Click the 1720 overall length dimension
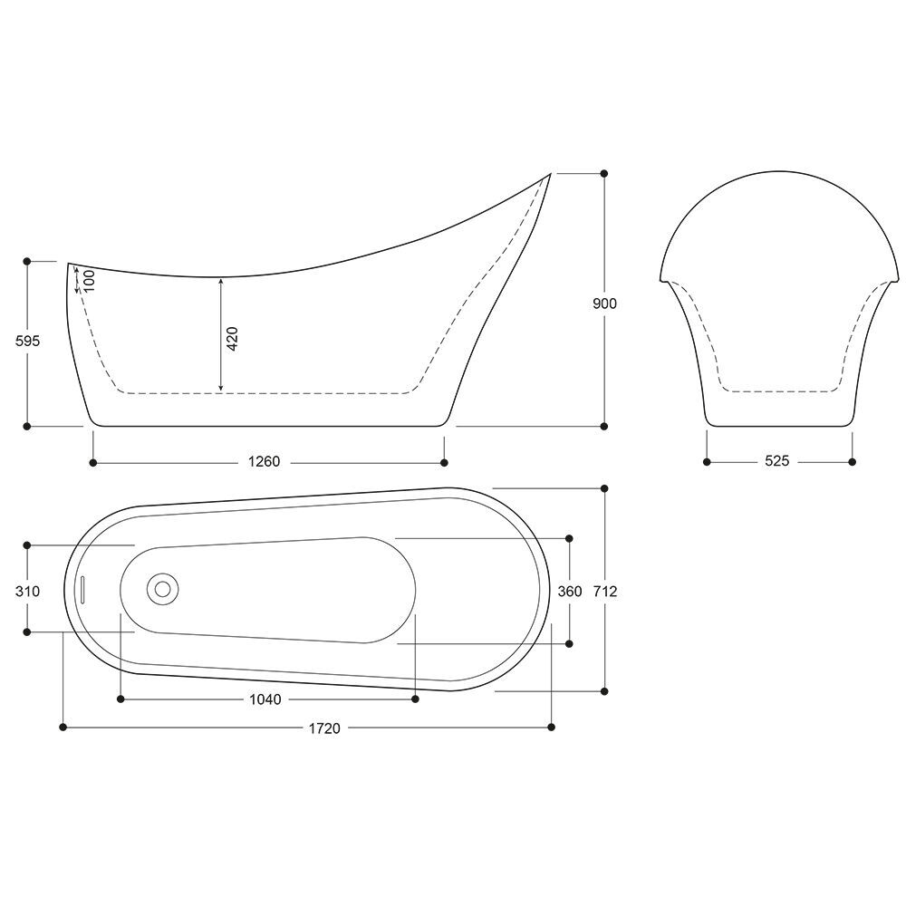coord(324,728)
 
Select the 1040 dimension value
coord(265,699)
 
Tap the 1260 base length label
coord(264,462)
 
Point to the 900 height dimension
coord(605,304)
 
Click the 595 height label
coord(28,341)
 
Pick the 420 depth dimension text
coord(232,339)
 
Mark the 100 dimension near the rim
coord(89,281)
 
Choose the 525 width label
coord(777,461)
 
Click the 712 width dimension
coord(605,591)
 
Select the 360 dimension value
coord(570,591)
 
